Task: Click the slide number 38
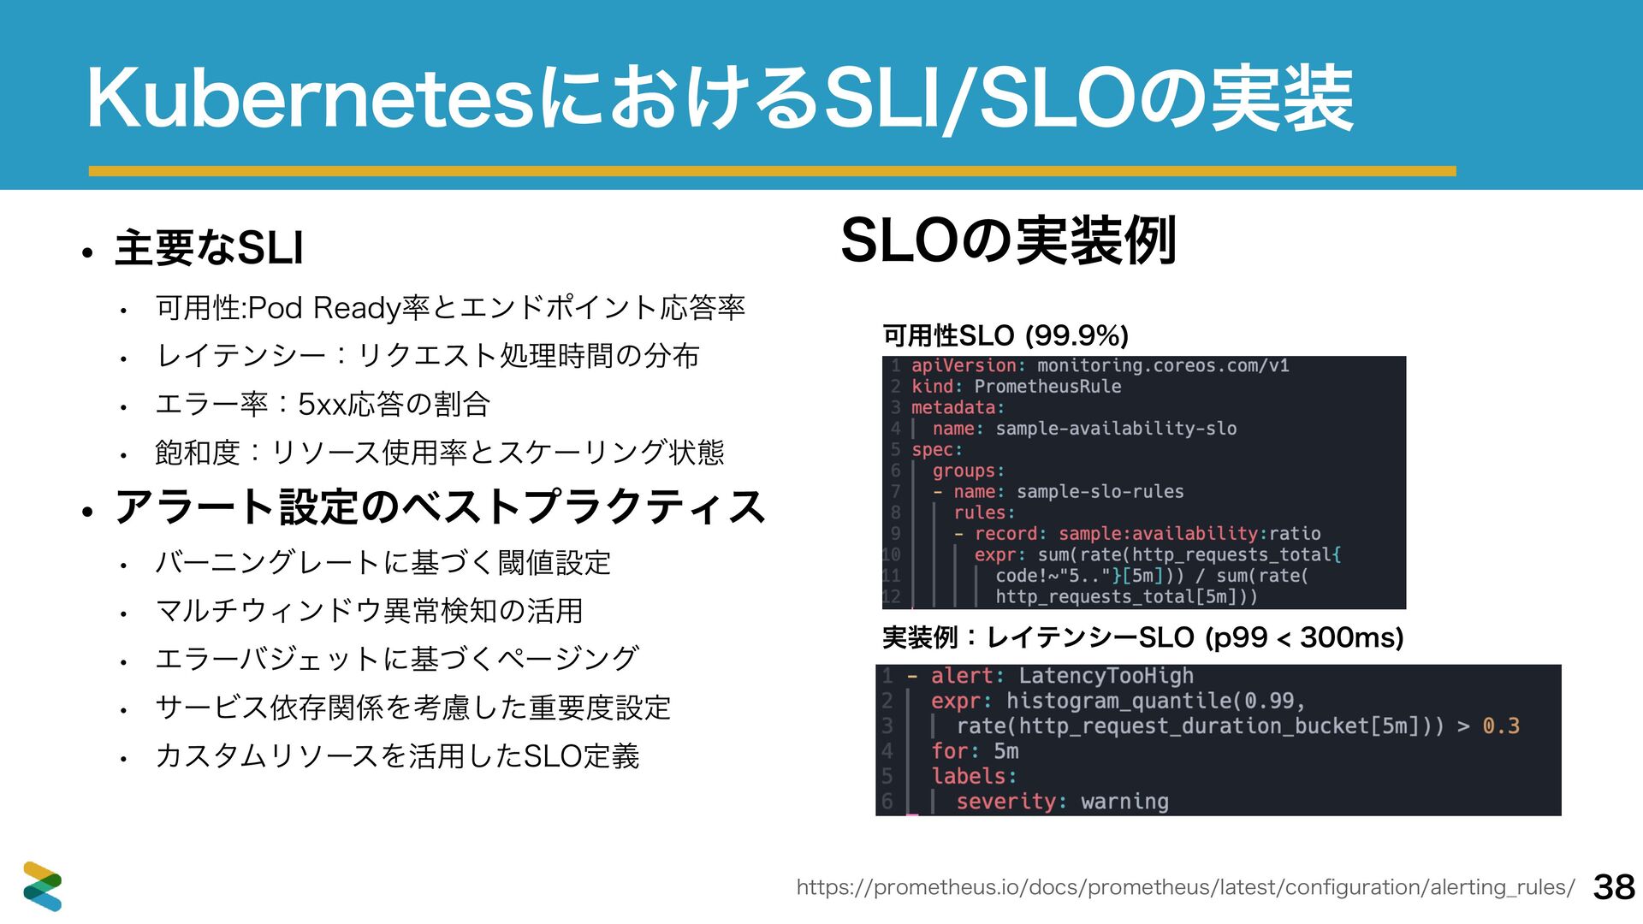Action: click(x=1615, y=887)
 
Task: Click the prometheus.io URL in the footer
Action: click(x=1185, y=887)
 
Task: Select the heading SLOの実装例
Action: click(x=1009, y=240)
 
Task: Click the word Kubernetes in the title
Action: click(x=317, y=100)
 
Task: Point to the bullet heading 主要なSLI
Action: click(x=210, y=248)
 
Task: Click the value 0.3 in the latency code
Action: click(x=1501, y=726)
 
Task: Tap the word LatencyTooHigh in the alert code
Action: click(x=1106, y=676)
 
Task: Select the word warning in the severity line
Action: click(x=1124, y=802)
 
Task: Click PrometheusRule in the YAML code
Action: click(x=1047, y=387)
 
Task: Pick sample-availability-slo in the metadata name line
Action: click(x=1116, y=429)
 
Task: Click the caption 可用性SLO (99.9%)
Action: click(x=1005, y=335)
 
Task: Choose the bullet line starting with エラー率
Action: click(x=323, y=404)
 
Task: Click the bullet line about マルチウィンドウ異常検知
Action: click(x=369, y=611)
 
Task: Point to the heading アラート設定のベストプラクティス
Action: click(x=440, y=506)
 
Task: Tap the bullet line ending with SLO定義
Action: click(x=397, y=756)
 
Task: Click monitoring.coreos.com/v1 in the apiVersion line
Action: click(x=1163, y=366)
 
